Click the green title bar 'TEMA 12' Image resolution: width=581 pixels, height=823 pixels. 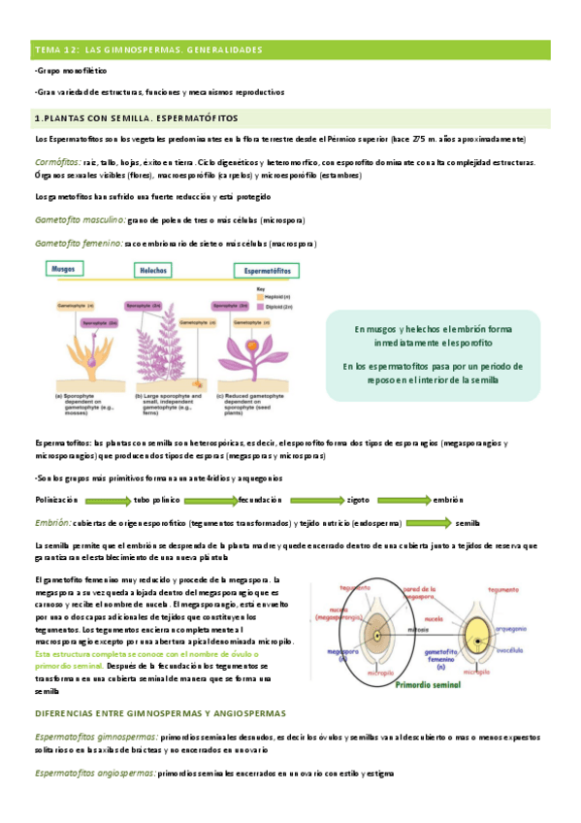(x=290, y=49)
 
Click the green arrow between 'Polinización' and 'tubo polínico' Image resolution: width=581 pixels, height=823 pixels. (x=109, y=500)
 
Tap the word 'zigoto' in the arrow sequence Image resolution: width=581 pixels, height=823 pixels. (x=358, y=499)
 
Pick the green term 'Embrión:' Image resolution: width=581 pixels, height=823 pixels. (x=52, y=522)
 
